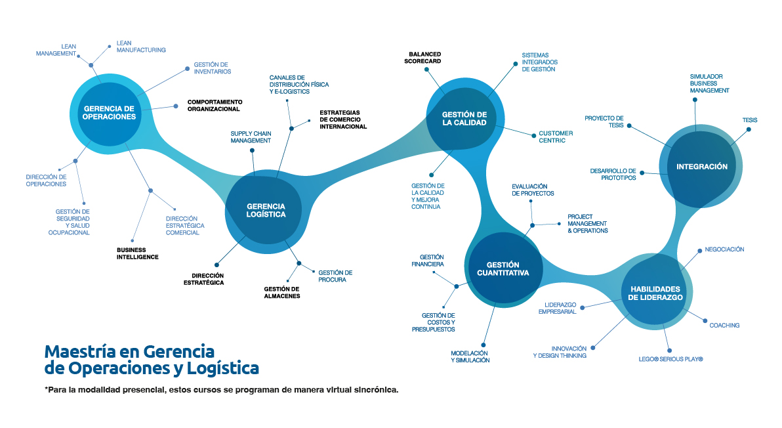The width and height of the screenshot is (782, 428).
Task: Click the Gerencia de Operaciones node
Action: pos(109,112)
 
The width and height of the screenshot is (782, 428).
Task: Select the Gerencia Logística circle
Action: pos(265,209)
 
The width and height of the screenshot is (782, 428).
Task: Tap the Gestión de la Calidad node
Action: pos(464,118)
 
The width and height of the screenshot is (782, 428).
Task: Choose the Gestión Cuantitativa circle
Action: pos(503,268)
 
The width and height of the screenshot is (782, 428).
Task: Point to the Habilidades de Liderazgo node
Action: pos(655,293)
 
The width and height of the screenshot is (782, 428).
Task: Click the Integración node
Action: pos(701,167)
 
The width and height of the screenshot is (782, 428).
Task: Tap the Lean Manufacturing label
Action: pos(140,46)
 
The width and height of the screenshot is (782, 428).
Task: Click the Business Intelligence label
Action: pos(137,253)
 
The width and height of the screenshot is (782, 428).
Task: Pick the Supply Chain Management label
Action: pos(251,137)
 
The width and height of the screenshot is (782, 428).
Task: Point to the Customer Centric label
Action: pos(556,137)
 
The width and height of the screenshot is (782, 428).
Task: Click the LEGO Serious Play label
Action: pos(670,359)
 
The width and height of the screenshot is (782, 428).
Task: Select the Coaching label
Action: pos(724,326)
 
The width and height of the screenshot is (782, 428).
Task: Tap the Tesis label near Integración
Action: pos(750,120)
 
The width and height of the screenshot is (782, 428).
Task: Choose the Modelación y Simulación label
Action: pos(470,356)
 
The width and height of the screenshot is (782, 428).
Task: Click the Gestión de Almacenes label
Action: pos(282,292)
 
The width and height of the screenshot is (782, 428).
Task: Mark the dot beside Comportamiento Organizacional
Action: pos(176,106)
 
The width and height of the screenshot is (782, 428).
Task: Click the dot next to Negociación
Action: pos(699,250)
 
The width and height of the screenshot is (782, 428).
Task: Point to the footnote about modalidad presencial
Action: pos(222,390)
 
